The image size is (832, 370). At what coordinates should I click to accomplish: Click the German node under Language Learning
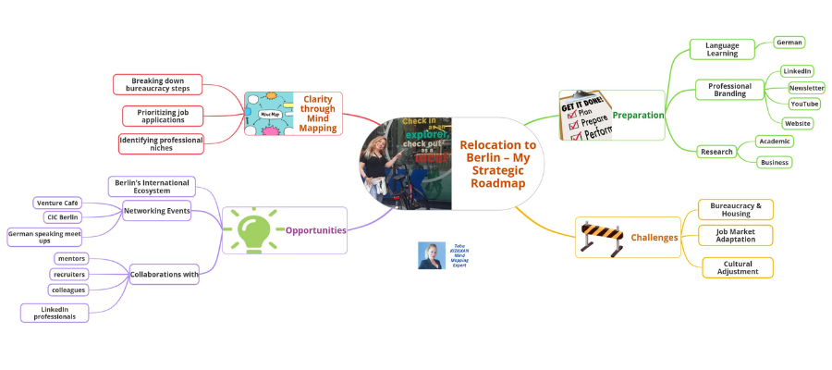tap(789, 43)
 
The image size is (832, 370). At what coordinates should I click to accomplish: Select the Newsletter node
tap(806, 88)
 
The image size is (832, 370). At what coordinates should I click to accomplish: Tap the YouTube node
tap(804, 105)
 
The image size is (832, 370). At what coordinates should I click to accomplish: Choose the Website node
tap(798, 123)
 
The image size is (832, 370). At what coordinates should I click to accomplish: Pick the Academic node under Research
tap(774, 142)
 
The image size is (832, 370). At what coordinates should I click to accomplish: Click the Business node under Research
tap(774, 162)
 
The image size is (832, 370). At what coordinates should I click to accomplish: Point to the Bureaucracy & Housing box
tap(736, 209)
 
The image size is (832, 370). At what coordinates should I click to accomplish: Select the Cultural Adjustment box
tap(737, 267)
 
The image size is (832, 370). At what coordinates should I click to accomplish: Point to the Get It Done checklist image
tap(585, 116)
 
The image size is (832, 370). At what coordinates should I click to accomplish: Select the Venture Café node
tap(58, 203)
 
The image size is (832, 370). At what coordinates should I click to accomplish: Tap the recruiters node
tap(69, 274)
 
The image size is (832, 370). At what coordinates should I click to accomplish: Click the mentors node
tap(71, 258)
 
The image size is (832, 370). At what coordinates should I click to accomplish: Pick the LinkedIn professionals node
tap(55, 313)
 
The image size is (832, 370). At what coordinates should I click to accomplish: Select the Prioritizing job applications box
tap(163, 116)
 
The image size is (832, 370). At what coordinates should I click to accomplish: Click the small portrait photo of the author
tap(430, 255)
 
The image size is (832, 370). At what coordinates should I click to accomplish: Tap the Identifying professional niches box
tap(161, 143)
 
